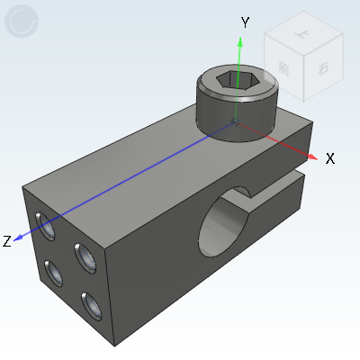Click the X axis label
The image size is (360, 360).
[x=330, y=158]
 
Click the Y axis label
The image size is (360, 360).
[x=244, y=21]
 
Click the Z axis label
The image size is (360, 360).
[x=7, y=240]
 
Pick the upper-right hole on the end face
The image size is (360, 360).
[x=86, y=259]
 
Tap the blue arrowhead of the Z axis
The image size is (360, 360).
[x=21, y=237]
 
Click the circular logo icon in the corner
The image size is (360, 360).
[x=22, y=22]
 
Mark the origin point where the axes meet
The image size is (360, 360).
[x=235, y=121]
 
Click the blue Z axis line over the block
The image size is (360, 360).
[x=135, y=175]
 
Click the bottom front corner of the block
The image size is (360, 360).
[x=114, y=342]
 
